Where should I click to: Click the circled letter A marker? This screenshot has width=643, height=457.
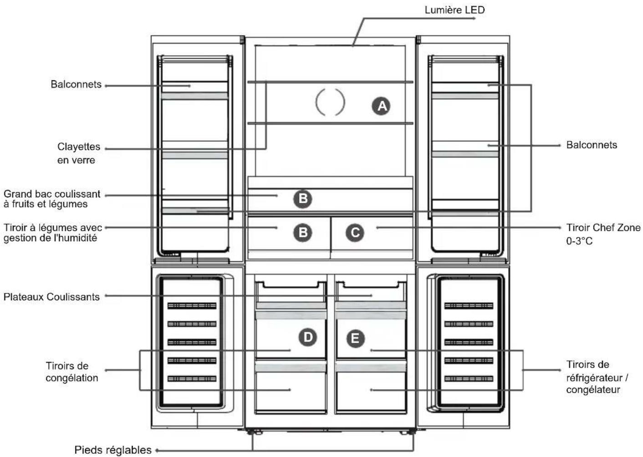[381, 106]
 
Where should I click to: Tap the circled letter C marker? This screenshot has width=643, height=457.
[355, 232]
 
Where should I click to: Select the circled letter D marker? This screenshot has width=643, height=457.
[308, 337]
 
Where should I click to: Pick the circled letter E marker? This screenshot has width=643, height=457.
[355, 339]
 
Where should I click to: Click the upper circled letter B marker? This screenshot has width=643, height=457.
[303, 199]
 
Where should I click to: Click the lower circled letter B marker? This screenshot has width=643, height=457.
[303, 232]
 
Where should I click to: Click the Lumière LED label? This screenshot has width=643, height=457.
[454, 10]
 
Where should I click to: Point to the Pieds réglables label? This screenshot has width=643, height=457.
[113, 450]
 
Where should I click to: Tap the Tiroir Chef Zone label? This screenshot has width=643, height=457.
[603, 227]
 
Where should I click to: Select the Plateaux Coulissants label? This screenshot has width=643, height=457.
[51, 297]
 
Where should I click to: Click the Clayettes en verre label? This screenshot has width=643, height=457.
[78, 153]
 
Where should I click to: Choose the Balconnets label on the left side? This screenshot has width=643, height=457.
[76, 84]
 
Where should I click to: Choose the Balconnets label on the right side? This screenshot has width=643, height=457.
[592, 145]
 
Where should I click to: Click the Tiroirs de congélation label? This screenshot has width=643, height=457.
[72, 372]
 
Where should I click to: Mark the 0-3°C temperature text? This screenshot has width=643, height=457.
[579, 241]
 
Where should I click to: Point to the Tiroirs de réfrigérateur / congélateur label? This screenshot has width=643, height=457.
[597, 377]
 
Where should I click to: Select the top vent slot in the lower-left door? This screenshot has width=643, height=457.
[192, 306]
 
